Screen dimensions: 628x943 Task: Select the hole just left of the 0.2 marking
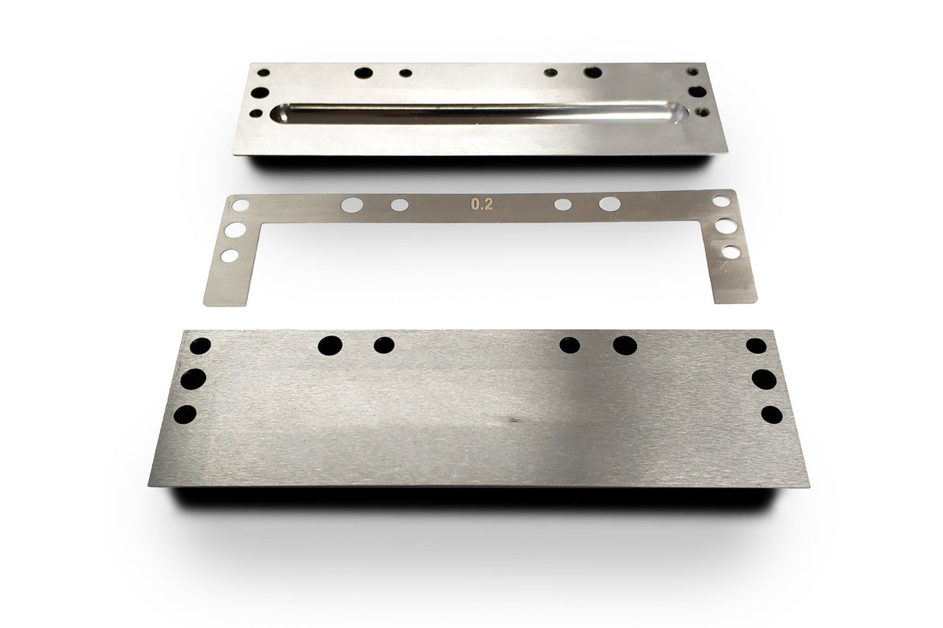399,205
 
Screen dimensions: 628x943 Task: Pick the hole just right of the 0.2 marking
562,205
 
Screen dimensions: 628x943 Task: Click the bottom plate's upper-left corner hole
200,345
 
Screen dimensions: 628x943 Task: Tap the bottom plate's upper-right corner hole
756,345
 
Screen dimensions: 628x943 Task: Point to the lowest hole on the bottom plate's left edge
185,415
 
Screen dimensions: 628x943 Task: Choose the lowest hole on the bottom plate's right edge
771,415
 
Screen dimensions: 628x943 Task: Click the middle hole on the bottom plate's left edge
193,379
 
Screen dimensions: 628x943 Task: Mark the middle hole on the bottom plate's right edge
764,379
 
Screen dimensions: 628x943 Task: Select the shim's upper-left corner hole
242,206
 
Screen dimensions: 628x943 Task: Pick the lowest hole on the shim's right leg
731,252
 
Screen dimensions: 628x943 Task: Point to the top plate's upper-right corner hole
692,71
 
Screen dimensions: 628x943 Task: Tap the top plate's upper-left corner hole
263,72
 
